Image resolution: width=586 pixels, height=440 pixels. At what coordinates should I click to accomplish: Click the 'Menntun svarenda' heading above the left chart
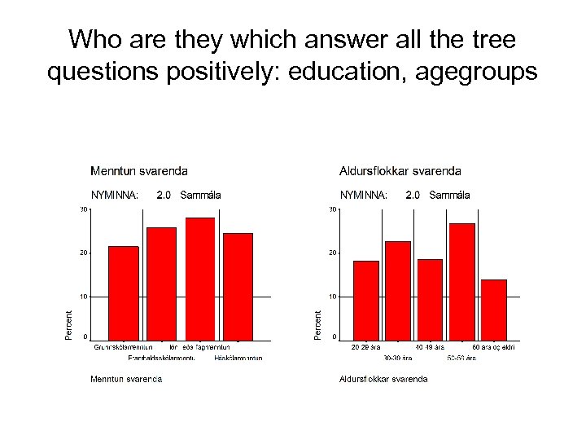[x=138, y=171]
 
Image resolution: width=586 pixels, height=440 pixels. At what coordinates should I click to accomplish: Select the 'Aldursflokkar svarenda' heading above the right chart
[x=400, y=171]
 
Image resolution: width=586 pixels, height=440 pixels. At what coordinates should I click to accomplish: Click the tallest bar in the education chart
[x=199, y=278]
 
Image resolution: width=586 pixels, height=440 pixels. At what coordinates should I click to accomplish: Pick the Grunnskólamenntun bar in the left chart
[x=124, y=292]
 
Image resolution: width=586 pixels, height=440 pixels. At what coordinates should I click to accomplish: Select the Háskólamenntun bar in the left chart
[x=238, y=285]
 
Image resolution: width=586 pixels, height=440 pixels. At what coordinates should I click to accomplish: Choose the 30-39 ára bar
[x=397, y=289]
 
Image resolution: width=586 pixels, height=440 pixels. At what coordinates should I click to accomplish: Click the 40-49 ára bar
[x=429, y=298]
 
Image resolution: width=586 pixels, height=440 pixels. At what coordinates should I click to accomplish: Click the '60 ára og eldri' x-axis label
[x=493, y=347]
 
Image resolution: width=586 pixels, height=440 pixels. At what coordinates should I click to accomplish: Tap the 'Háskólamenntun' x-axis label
[x=238, y=357]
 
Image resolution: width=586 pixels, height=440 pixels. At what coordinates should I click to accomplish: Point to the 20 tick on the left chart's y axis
[x=82, y=253]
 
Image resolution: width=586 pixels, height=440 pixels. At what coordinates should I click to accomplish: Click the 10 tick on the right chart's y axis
[x=332, y=297]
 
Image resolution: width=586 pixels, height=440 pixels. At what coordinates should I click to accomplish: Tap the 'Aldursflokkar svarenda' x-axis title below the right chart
[x=383, y=379]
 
